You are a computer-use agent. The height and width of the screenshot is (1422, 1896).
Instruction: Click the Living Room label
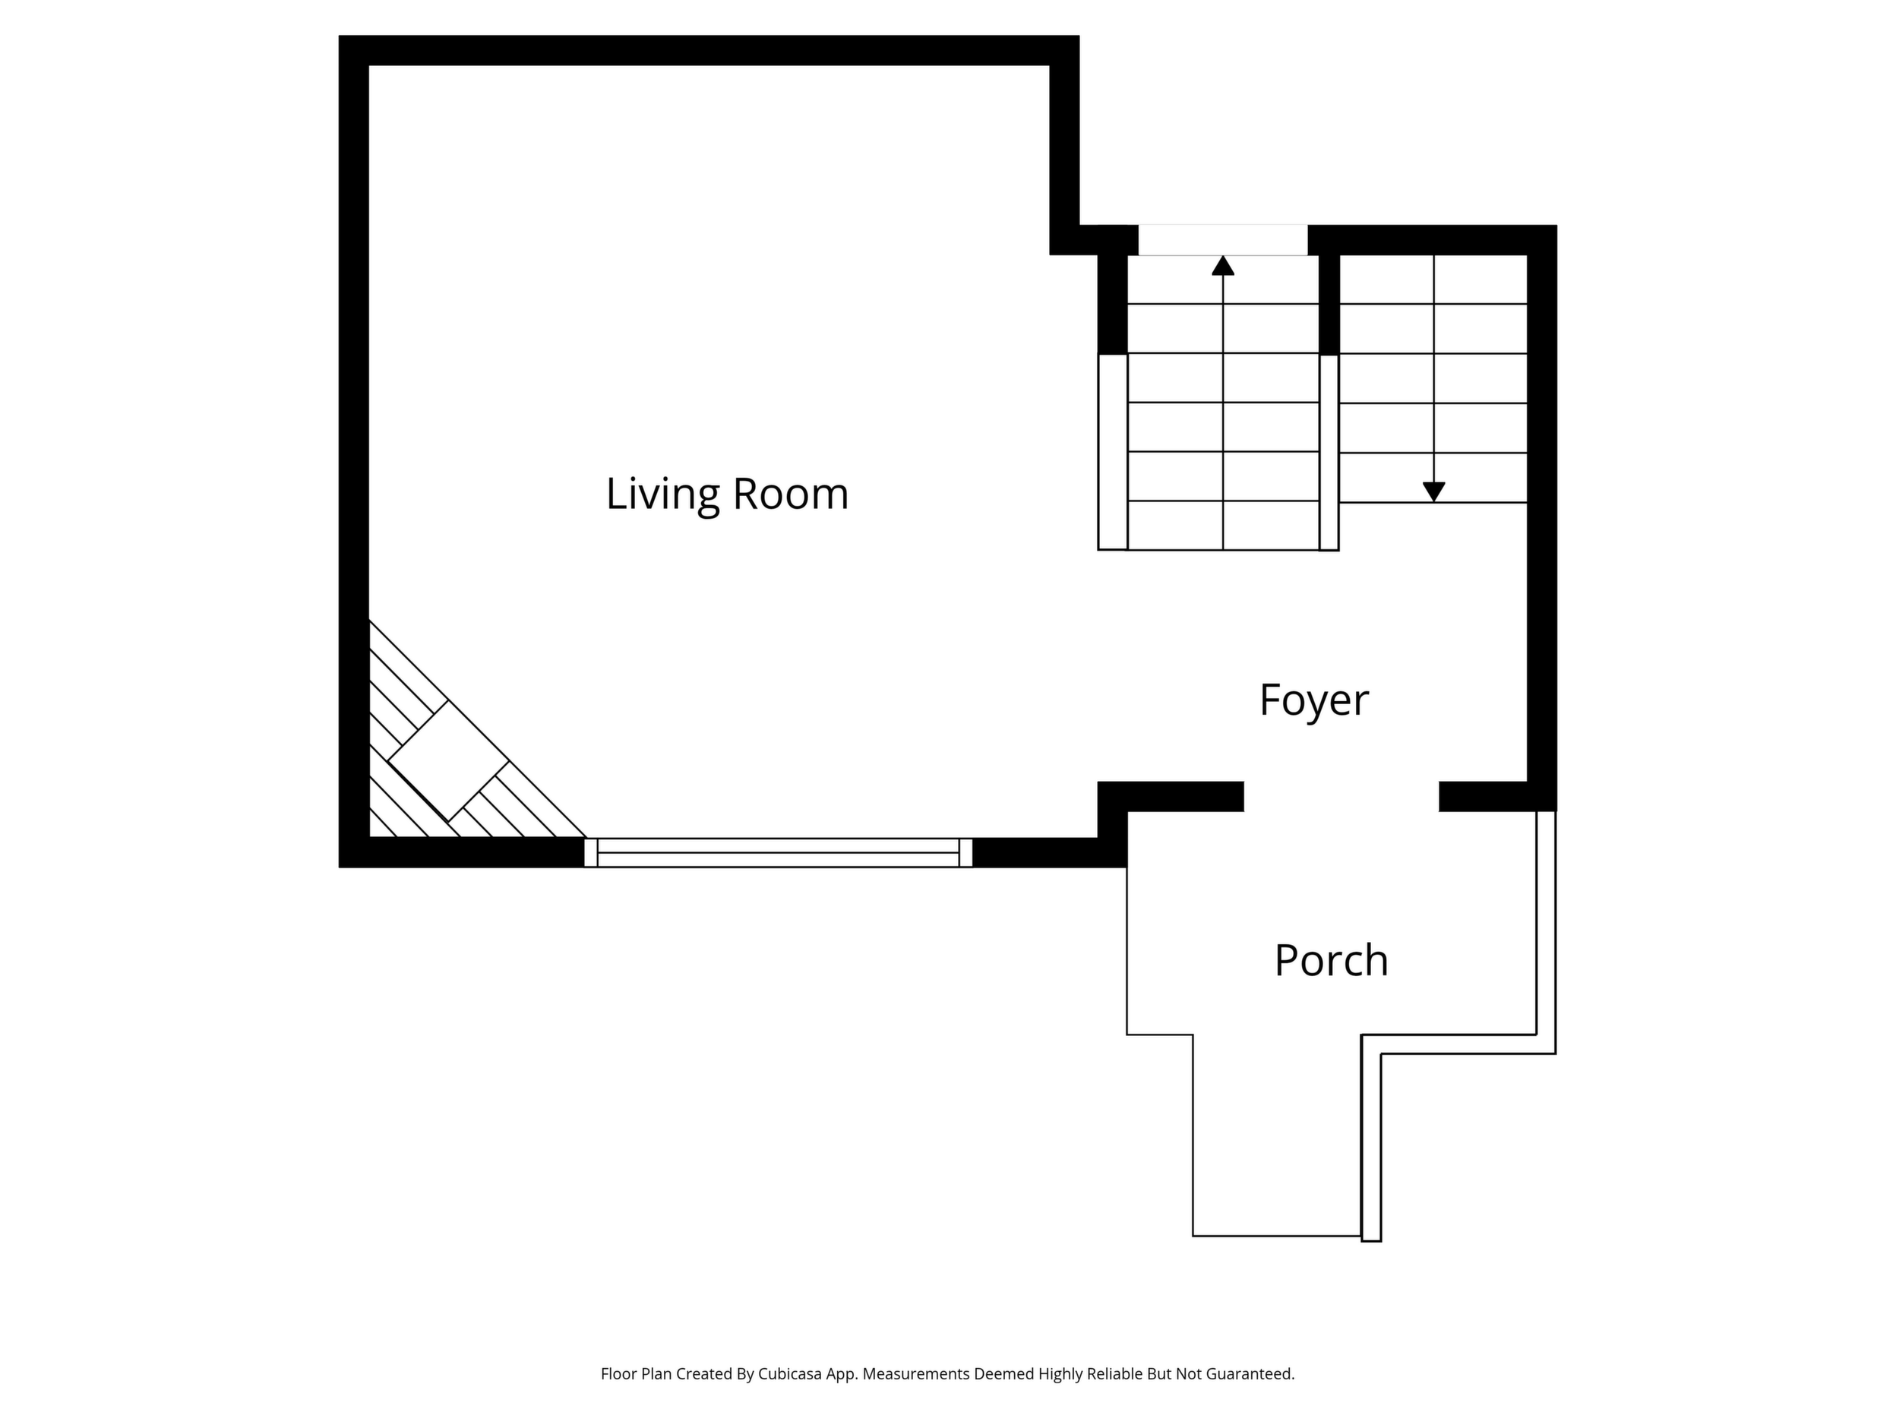click(x=727, y=495)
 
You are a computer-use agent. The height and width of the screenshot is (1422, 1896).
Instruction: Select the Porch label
click(x=1331, y=961)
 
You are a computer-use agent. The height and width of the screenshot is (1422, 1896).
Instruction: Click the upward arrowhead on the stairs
click(x=1223, y=266)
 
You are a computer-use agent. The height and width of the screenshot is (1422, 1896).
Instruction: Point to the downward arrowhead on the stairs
click(x=1434, y=492)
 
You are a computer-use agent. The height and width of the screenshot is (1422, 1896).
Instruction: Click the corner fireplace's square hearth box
click(x=448, y=762)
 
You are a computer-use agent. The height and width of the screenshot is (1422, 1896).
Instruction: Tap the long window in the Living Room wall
click(x=779, y=853)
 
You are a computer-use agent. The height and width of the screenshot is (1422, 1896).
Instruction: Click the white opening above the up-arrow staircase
click(x=1223, y=240)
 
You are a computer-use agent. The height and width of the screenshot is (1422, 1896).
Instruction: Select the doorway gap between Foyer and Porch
click(x=1341, y=796)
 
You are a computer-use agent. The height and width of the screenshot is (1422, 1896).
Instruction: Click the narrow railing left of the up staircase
click(x=1113, y=452)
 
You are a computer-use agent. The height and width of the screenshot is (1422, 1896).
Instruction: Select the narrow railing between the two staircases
click(x=1329, y=453)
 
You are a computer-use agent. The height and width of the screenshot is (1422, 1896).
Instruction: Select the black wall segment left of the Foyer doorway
click(x=1171, y=796)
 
